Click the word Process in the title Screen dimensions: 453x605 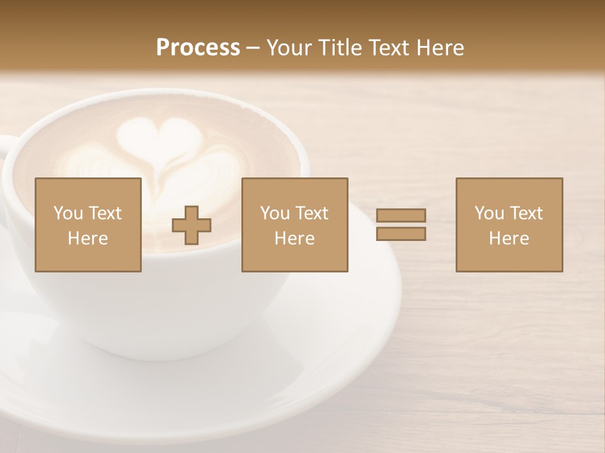point(198,48)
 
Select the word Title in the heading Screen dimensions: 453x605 point(340,48)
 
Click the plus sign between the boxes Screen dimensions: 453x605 point(192,225)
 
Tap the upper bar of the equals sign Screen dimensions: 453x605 point(401,216)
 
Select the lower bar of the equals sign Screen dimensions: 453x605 point(401,233)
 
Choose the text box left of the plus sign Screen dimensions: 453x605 point(88,225)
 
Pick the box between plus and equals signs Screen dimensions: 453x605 point(294,225)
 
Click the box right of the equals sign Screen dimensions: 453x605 point(509,225)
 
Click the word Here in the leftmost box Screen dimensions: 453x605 point(88,238)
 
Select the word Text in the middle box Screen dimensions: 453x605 point(311,213)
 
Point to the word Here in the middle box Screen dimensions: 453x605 point(294,238)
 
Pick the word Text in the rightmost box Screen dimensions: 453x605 point(526,213)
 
